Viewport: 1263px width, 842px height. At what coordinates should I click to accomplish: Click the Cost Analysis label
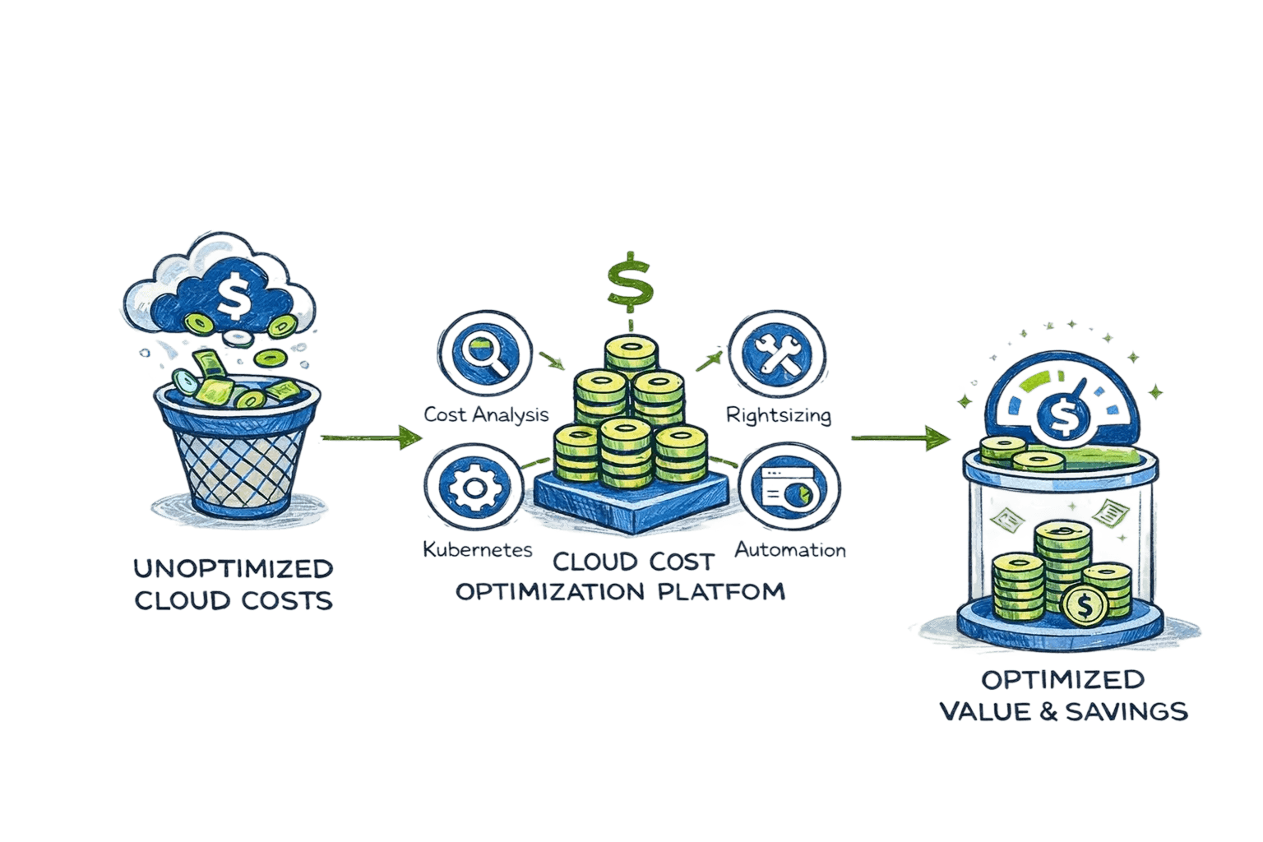485,414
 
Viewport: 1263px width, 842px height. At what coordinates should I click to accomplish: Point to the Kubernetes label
478,549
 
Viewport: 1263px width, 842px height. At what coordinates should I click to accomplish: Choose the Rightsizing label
778,414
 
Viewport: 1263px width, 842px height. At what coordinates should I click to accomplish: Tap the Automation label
789,549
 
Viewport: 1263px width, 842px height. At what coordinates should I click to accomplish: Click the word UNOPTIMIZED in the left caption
233,568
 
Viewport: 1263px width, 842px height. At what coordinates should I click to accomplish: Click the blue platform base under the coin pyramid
631,502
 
